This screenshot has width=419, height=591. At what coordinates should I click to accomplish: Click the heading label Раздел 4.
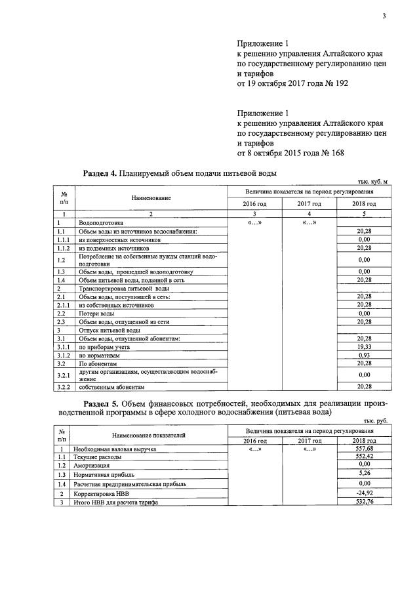pyautogui.click(x=100, y=173)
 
